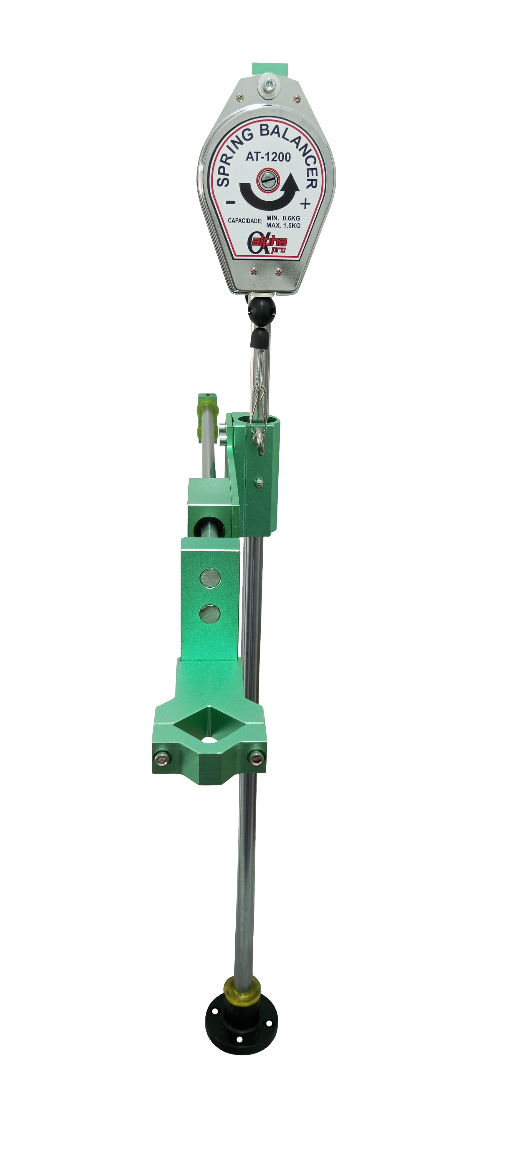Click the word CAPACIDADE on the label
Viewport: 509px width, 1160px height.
coord(245,221)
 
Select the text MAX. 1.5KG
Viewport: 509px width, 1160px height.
coord(283,225)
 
